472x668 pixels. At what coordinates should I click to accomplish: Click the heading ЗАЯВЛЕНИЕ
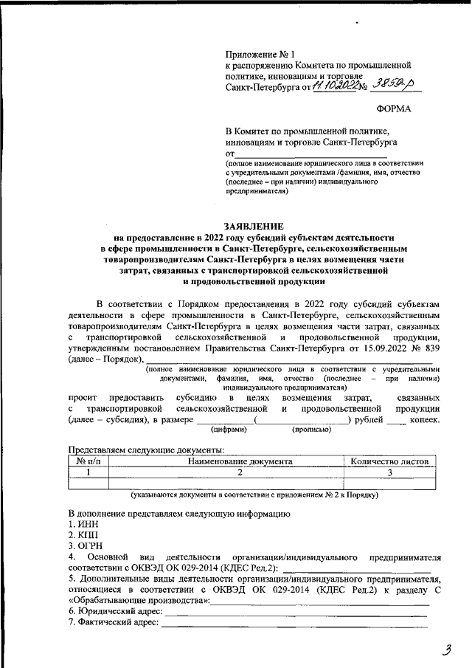pos(254,226)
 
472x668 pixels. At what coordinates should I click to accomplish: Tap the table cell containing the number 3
pos(389,472)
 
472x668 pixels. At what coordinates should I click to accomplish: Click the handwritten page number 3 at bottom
pos(445,650)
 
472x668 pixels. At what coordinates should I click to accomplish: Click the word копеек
pos(425,419)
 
